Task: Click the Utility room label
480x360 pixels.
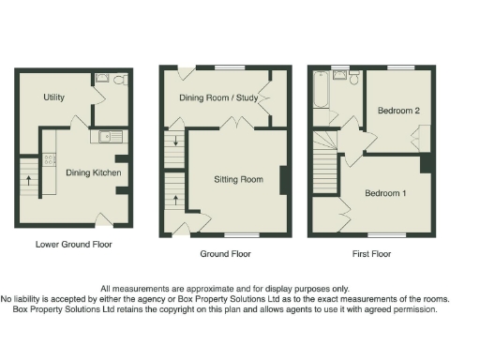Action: click(x=53, y=97)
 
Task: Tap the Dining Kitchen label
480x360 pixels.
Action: click(x=93, y=172)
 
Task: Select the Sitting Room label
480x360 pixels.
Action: click(x=239, y=178)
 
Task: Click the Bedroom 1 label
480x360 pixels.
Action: click(x=385, y=193)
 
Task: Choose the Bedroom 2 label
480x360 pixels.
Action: click(x=397, y=111)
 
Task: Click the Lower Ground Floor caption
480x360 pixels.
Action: click(x=73, y=245)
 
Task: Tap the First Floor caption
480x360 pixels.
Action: click(x=372, y=253)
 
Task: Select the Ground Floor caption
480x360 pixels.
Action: click(x=225, y=253)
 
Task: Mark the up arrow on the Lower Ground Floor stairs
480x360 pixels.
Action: click(x=28, y=180)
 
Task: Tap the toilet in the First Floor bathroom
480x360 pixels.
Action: click(x=353, y=79)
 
